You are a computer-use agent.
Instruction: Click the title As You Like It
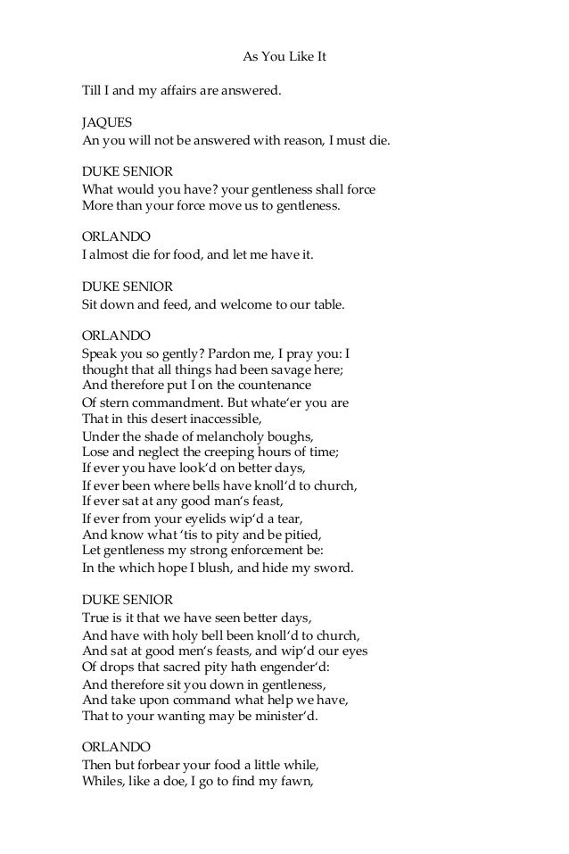coord(285,56)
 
